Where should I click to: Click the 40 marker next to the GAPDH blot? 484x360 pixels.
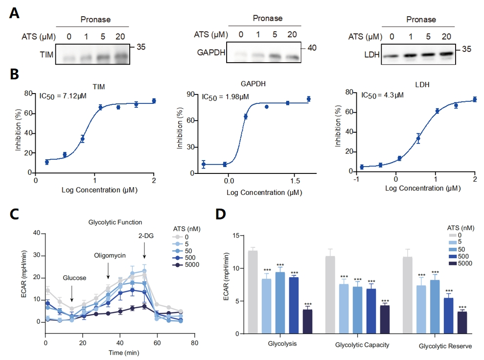[312, 48]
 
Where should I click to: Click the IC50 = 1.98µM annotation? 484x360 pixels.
[226, 96]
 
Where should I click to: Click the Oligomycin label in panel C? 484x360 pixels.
[110, 255]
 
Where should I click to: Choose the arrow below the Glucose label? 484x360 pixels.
[72, 293]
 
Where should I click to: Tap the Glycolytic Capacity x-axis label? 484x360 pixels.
[362, 345]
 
